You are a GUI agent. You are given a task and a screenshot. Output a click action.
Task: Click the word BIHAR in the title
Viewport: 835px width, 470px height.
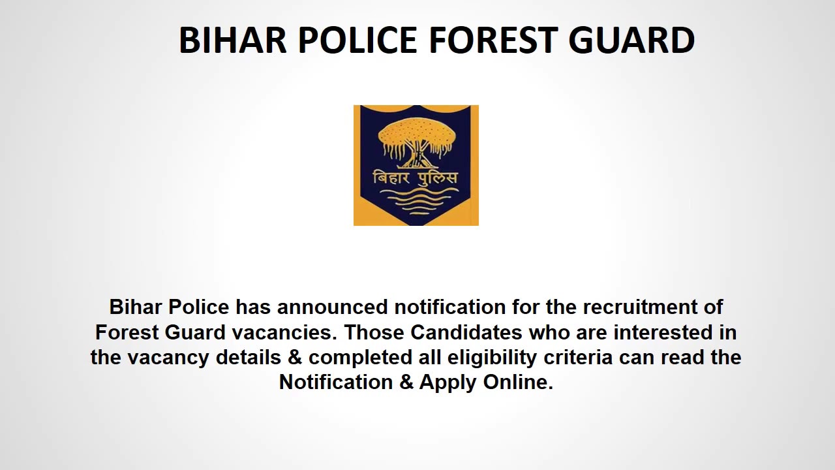(232, 40)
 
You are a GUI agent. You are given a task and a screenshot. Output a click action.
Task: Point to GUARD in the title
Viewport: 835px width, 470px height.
(631, 40)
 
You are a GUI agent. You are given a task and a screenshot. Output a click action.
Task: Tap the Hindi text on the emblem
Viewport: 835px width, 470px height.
(415, 178)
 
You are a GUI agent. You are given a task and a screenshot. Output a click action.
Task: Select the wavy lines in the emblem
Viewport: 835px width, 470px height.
(415, 202)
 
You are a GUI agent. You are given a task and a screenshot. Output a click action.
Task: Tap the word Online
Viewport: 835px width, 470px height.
(518, 383)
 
